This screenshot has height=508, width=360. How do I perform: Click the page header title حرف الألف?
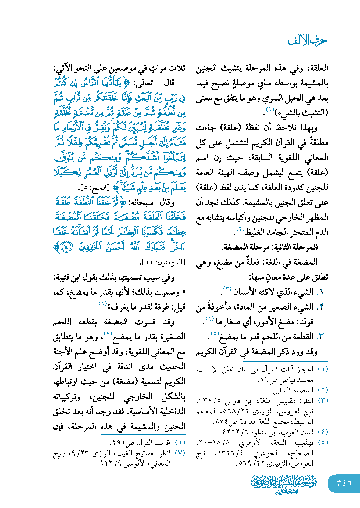308,41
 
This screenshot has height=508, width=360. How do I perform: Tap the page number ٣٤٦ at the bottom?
344,483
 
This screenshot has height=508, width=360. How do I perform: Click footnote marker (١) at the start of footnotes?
323,369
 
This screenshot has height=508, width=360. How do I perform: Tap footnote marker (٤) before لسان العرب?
323,432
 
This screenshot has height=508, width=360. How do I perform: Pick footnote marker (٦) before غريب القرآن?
180,442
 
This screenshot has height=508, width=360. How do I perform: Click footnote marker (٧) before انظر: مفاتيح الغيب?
180,453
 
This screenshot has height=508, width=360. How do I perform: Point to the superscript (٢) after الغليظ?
240,229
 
